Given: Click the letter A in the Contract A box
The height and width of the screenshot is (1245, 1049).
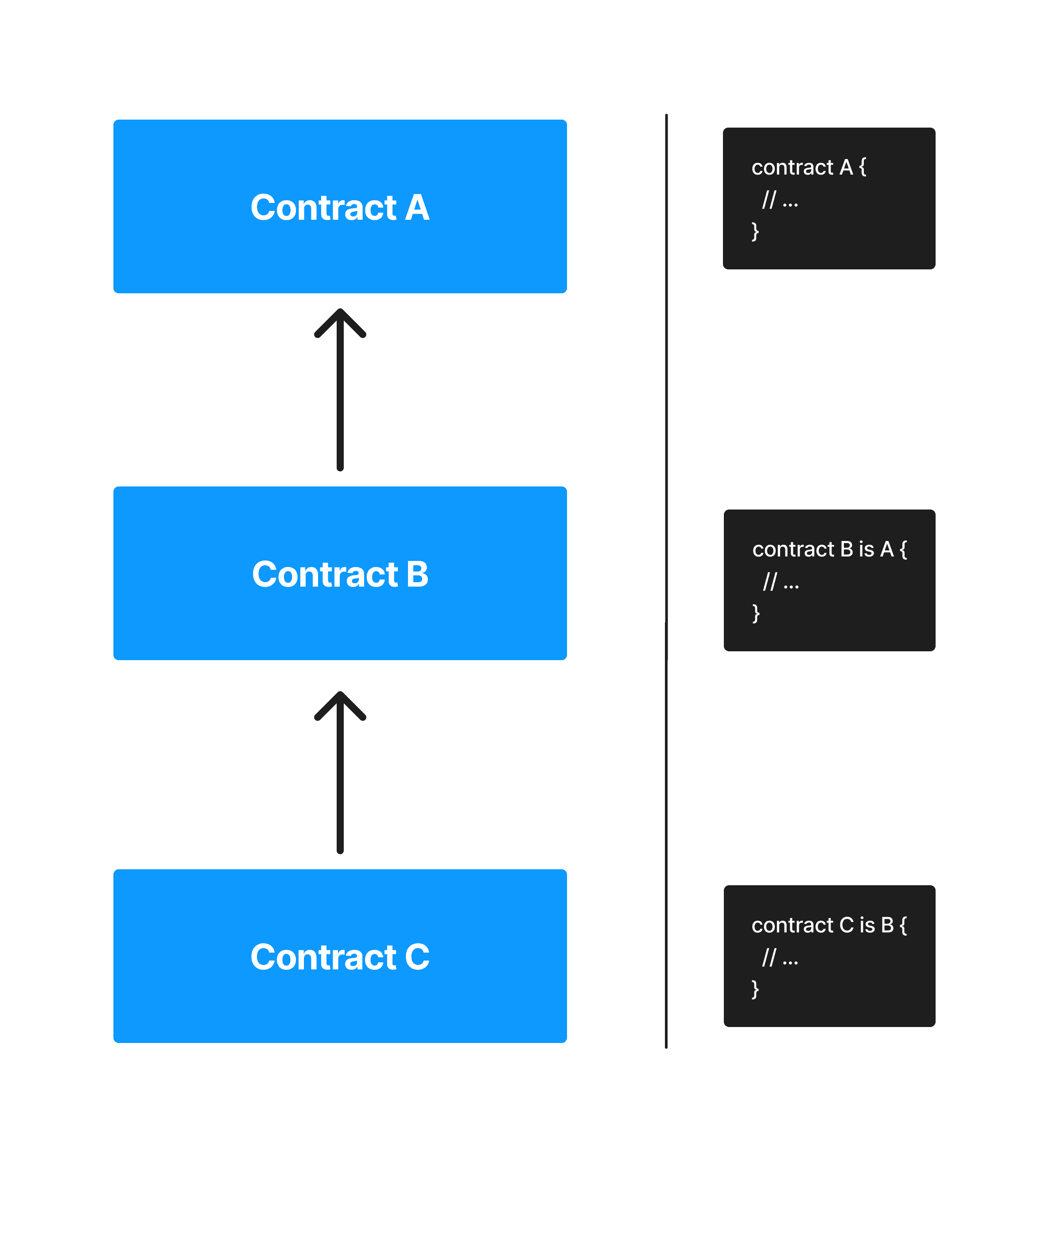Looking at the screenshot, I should tap(417, 208).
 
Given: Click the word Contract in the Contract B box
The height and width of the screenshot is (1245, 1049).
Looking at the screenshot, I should tap(325, 575).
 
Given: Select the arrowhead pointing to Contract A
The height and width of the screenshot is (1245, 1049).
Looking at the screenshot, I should tap(340, 322).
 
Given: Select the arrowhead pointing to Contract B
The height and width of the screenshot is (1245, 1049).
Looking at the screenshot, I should tap(340, 704).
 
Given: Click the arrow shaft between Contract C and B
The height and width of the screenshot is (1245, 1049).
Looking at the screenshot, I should tap(340, 785).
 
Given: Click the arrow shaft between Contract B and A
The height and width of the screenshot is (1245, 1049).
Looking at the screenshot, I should tap(340, 405).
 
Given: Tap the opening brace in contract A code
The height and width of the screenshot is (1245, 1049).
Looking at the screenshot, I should tap(862, 168).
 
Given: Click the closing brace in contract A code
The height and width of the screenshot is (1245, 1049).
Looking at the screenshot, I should tap(755, 231).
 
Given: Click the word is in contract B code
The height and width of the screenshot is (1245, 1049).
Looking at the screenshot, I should tap(866, 550).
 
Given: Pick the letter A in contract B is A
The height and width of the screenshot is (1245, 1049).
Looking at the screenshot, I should tap(887, 550).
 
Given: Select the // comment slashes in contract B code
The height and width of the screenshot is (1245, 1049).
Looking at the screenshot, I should tap(770, 582).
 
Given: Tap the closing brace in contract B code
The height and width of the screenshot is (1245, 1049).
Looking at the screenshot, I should tap(756, 613).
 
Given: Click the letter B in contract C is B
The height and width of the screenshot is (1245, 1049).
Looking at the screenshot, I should tap(887, 926).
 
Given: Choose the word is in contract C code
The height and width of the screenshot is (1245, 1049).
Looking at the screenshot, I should tap(867, 926).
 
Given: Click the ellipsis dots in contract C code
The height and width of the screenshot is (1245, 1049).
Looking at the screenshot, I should tap(790, 961).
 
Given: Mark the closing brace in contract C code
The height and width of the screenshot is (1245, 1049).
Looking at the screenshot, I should tap(755, 989).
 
